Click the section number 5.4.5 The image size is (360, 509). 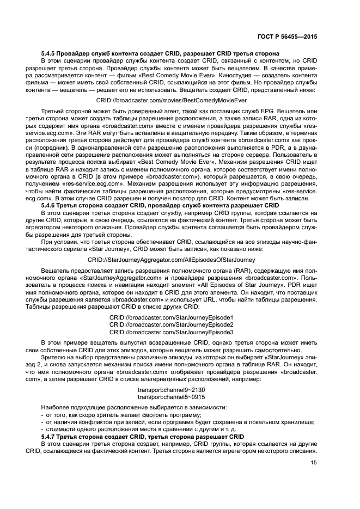(51, 53)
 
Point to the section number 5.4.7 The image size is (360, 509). (51, 437)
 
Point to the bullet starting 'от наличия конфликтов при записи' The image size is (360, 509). (174, 422)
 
